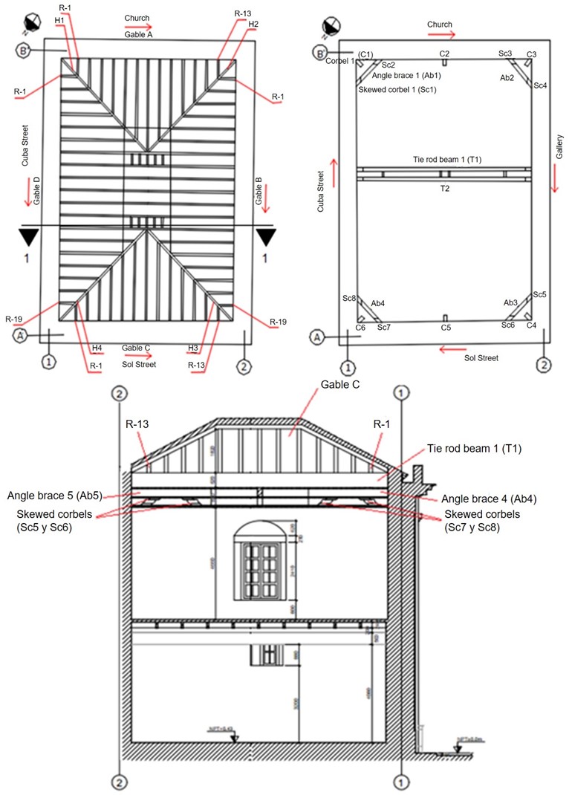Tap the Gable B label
(x=259, y=191)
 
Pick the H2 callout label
(x=253, y=24)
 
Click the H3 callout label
(x=194, y=348)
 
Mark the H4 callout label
(x=97, y=348)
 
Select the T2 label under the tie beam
(x=444, y=189)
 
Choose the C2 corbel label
(x=444, y=54)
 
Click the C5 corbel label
(x=446, y=327)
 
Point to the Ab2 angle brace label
(x=507, y=77)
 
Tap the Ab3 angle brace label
(x=510, y=302)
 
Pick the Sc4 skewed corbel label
(x=540, y=85)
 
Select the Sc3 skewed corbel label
(x=505, y=53)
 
